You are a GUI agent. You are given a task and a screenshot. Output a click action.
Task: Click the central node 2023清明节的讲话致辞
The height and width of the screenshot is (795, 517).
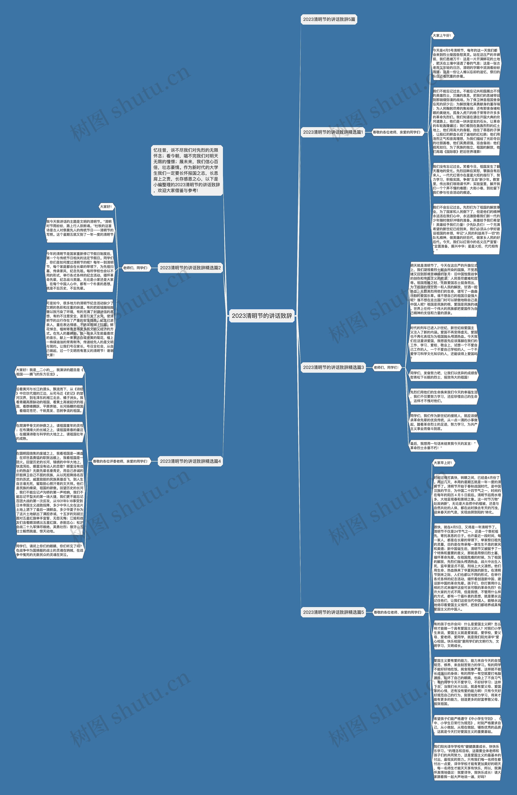pyautogui.click(x=262, y=316)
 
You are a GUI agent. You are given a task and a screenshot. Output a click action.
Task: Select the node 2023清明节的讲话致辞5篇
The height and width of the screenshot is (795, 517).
pyautogui.click(x=329, y=19)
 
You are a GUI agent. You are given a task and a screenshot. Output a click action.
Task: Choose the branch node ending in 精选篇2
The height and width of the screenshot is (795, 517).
pyautogui.click(x=190, y=268)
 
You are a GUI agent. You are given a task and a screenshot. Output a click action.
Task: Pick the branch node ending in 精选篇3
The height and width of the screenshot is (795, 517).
pyautogui.click(x=333, y=367)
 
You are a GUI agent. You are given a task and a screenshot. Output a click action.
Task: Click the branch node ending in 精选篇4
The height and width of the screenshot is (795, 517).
pyautogui.click(x=190, y=461)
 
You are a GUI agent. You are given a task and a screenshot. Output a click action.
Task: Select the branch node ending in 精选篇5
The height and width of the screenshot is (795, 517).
pyautogui.click(x=333, y=612)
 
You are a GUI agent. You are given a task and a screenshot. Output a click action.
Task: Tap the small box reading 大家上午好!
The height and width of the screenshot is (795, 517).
pyautogui.click(x=442, y=35)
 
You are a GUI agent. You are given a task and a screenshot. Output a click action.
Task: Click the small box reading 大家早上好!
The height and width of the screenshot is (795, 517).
pyautogui.click(x=443, y=463)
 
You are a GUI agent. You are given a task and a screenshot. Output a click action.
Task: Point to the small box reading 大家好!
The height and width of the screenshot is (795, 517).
pyautogui.click(x=106, y=207)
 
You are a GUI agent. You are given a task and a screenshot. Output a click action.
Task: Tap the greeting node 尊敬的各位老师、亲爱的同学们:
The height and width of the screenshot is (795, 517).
pyautogui.click(x=397, y=612)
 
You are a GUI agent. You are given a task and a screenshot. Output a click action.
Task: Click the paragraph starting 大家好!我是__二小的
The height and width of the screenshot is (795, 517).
pyautogui.click(x=49, y=372)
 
